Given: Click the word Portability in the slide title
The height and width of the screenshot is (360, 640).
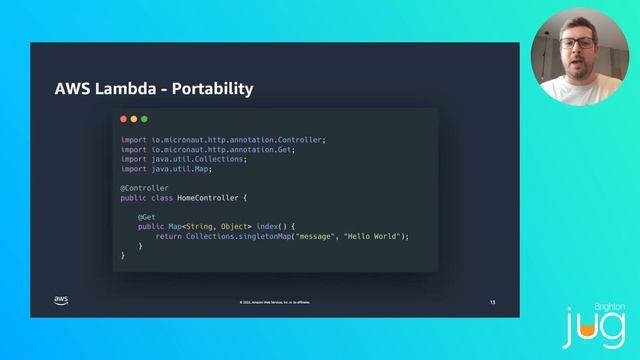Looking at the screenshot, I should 213,89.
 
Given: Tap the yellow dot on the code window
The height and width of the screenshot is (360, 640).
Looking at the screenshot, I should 134,119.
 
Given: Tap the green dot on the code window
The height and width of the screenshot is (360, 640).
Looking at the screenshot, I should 144,119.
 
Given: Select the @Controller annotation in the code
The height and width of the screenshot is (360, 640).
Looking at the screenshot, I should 145,188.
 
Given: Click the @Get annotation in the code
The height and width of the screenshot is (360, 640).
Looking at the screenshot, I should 146,216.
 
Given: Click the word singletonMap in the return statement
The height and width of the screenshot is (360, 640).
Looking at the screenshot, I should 259,236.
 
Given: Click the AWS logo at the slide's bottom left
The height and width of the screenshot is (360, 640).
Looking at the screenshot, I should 61,300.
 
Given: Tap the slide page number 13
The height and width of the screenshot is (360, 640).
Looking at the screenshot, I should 491,301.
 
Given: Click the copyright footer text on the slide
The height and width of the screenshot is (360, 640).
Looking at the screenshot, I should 275,301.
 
